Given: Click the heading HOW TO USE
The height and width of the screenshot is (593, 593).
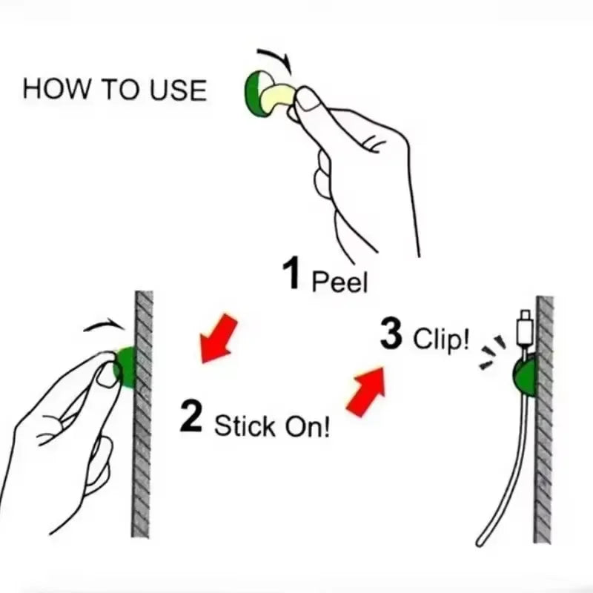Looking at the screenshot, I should point(114,89).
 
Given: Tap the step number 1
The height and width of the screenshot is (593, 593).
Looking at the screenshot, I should point(292,274).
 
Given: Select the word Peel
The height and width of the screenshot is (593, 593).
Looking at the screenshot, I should point(339,282).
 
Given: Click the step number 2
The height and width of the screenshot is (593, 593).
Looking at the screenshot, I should point(191,417).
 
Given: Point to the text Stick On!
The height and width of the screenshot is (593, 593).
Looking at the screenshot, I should point(272,427).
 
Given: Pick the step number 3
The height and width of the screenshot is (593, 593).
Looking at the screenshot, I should point(391,334).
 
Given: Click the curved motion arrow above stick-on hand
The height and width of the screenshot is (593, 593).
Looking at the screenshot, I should point(102,326).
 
